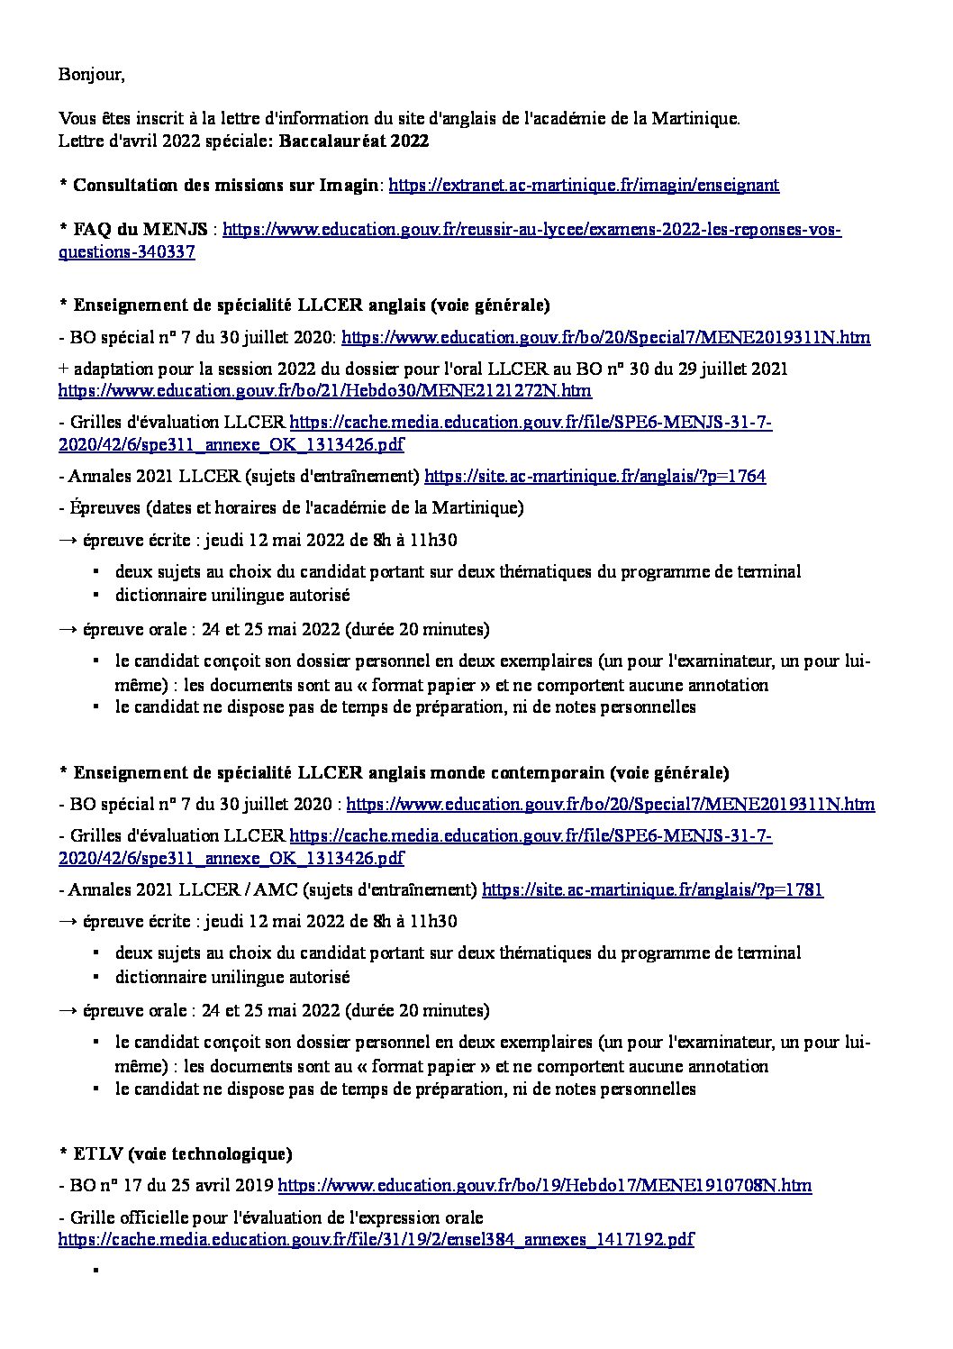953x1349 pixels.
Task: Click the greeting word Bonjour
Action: [x=91, y=74]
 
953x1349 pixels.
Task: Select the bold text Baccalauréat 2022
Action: [x=353, y=141]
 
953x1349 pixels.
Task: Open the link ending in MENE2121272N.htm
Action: [x=325, y=391]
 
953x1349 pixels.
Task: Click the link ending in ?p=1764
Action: [x=594, y=477]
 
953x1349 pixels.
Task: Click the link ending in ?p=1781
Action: [x=652, y=890]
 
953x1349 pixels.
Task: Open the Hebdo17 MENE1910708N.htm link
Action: [x=545, y=1186]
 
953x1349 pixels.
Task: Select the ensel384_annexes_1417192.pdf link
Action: [x=376, y=1240]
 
